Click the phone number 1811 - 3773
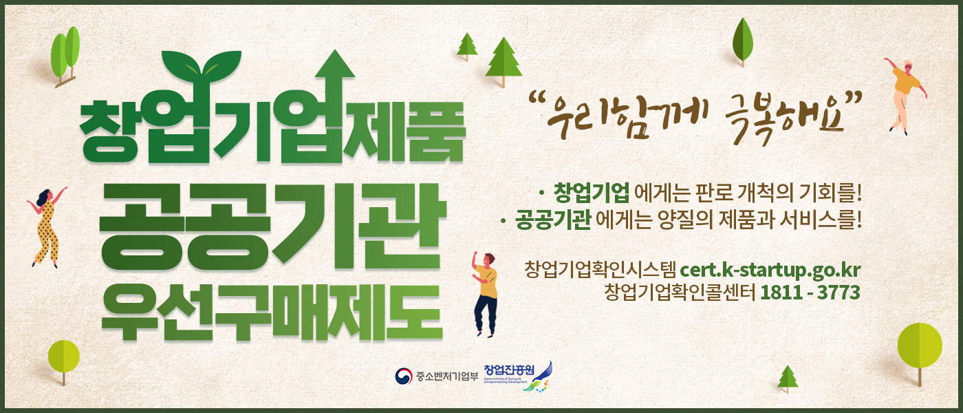tap(810, 293)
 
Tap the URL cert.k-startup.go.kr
tap(770, 268)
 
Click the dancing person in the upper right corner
tap(904, 93)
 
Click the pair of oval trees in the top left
tap(65, 54)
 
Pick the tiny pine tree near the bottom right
tap(788, 378)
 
